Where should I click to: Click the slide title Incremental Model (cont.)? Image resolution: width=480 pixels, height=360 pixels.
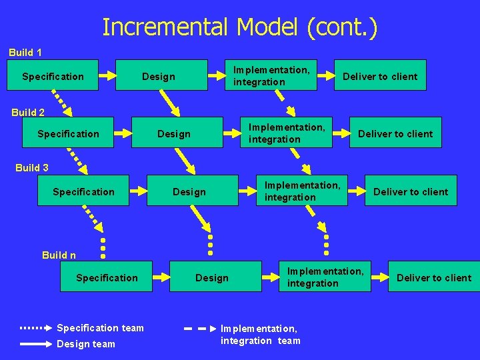coord(240,27)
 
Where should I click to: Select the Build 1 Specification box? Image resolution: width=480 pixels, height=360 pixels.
coord(53,76)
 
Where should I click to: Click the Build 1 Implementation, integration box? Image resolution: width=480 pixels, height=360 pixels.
coord(271,75)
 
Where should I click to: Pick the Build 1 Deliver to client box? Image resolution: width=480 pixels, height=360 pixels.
coord(380,76)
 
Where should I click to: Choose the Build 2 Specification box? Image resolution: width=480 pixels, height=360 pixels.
coord(68,133)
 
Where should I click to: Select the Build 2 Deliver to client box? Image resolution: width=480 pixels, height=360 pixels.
coord(395,133)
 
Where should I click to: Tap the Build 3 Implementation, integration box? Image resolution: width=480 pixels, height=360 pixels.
coord(302,191)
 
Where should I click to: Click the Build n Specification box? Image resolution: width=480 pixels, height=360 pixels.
coord(107,277)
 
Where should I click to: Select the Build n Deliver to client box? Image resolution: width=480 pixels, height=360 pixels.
coord(434,277)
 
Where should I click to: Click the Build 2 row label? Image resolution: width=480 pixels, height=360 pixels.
coord(28,112)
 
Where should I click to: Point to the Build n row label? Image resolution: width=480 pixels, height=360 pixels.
coord(59,255)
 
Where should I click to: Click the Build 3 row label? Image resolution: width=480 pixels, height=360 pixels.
coord(32,167)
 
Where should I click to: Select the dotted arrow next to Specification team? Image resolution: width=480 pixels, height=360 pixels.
coord(36,328)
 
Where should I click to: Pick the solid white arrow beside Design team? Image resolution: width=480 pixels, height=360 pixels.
coord(36,344)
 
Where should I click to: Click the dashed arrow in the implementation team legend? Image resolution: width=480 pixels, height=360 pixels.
coord(199,329)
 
